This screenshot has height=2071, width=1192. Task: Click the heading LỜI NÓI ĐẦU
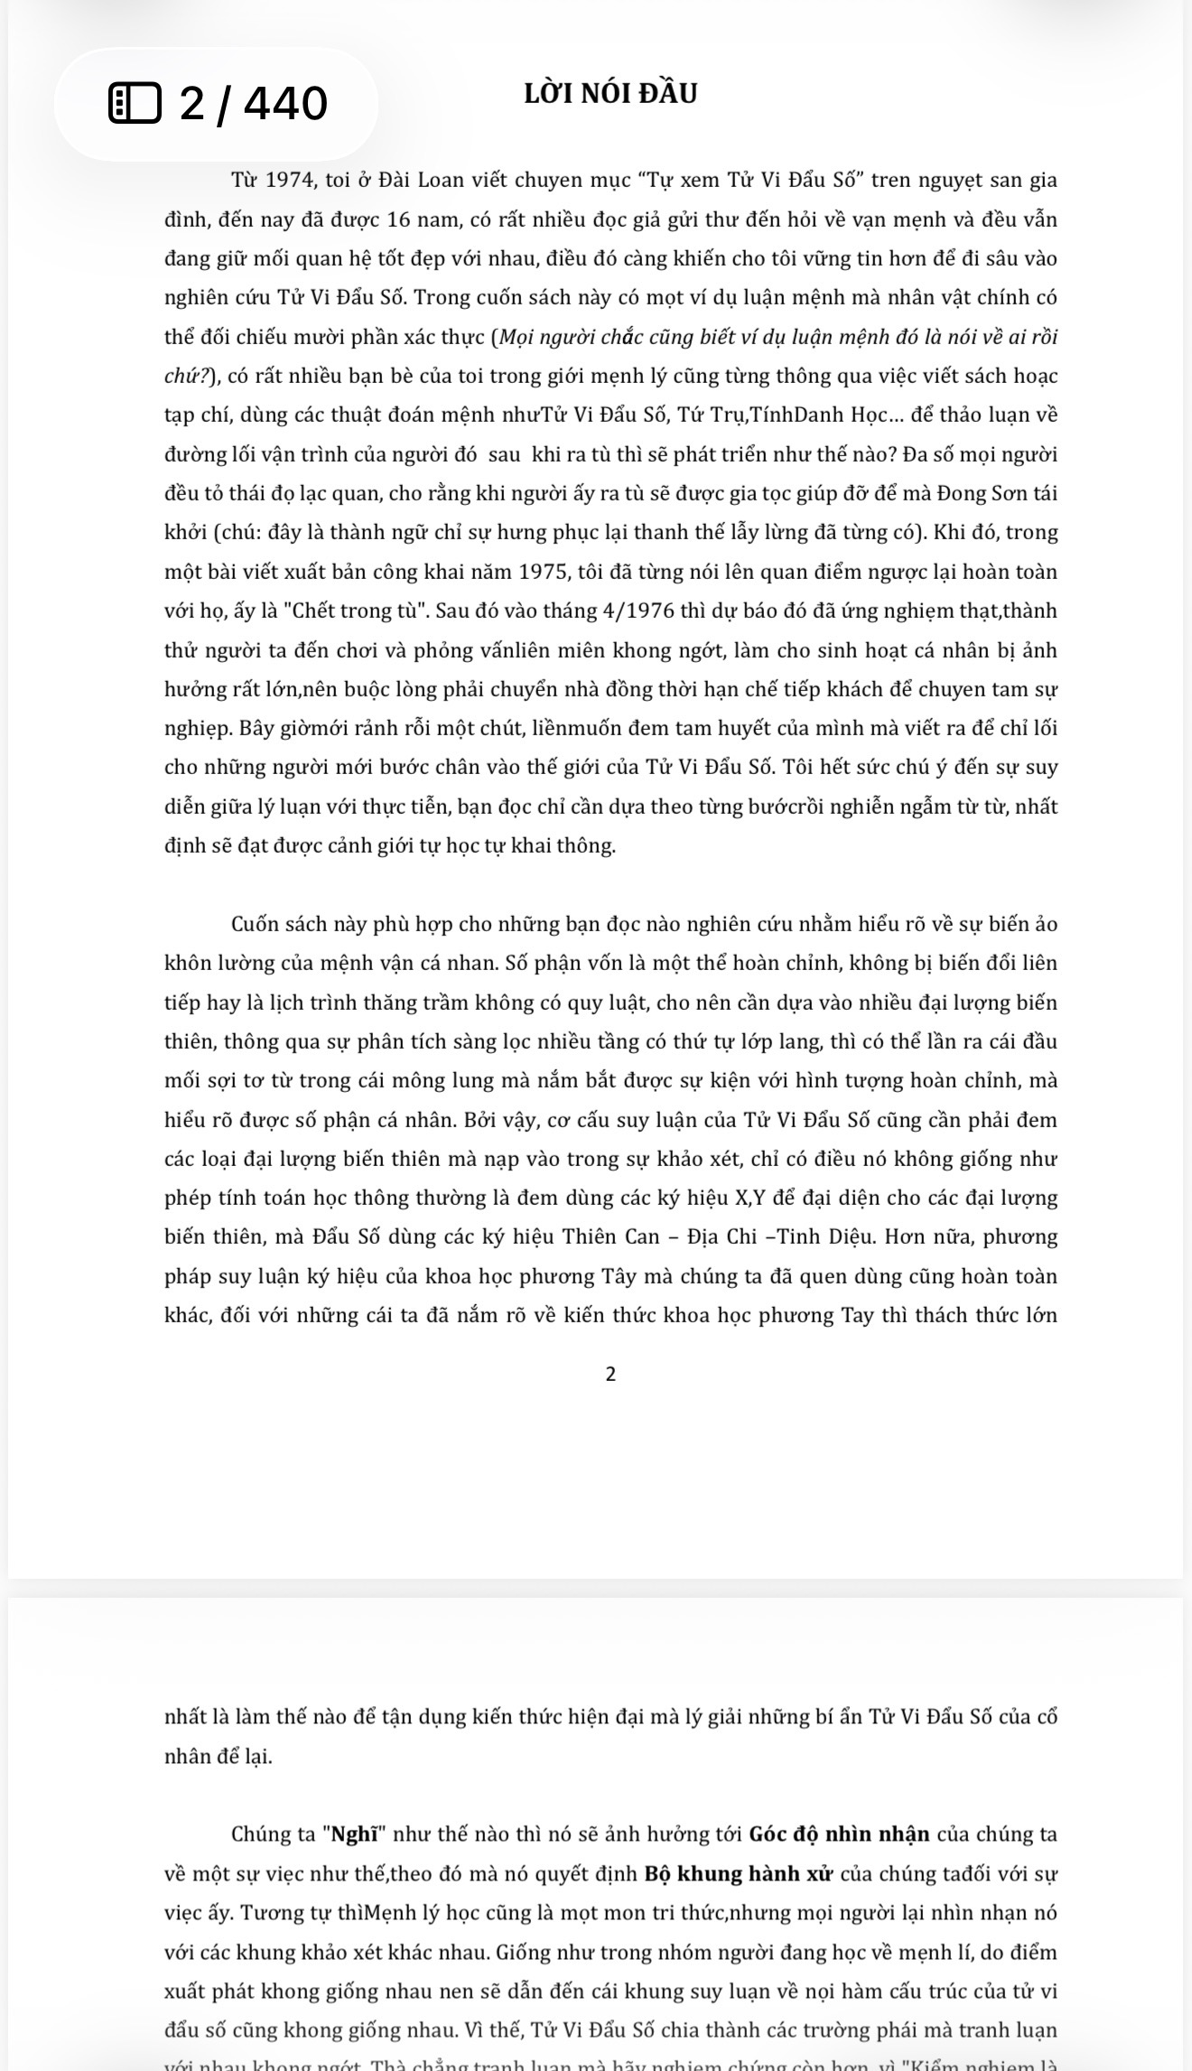click(x=610, y=94)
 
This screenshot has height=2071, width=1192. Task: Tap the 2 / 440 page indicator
click(x=253, y=103)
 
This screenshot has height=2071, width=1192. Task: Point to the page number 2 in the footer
click(x=610, y=1374)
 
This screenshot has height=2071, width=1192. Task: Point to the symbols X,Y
click(x=715, y=1198)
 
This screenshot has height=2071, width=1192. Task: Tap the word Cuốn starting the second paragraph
click(x=256, y=924)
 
